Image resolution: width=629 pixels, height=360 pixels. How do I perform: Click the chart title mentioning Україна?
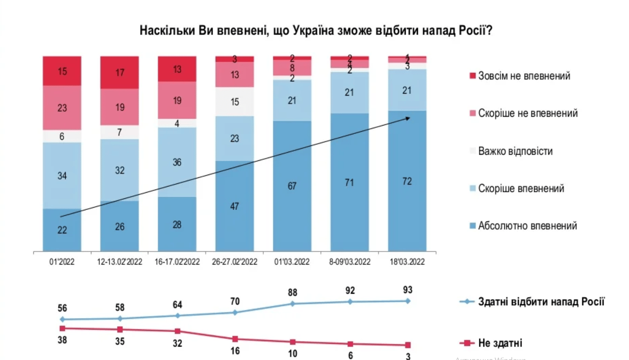tap(315, 30)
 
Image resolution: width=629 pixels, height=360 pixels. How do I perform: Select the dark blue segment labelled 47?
tap(235, 206)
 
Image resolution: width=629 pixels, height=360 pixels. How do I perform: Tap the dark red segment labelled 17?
tap(120, 73)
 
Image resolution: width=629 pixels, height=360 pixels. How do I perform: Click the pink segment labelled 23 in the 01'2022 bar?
tap(62, 108)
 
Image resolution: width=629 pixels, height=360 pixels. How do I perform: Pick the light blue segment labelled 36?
tap(177, 162)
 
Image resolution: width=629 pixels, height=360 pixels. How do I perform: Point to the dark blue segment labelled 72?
tap(407, 181)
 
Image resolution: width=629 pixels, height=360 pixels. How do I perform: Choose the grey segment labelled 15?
tap(235, 102)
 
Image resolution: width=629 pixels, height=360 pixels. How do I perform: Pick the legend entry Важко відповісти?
tap(515, 151)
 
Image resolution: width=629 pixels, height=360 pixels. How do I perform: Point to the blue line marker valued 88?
tap(292, 304)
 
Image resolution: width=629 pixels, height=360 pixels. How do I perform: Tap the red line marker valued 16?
tap(235, 339)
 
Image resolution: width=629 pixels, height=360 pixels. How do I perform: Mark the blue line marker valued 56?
tap(62, 319)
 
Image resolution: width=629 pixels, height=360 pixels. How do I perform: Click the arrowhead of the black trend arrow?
tap(409, 118)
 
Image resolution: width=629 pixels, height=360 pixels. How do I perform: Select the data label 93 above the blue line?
tap(407, 290)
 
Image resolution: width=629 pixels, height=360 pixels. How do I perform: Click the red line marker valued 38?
tap(62, 328)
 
